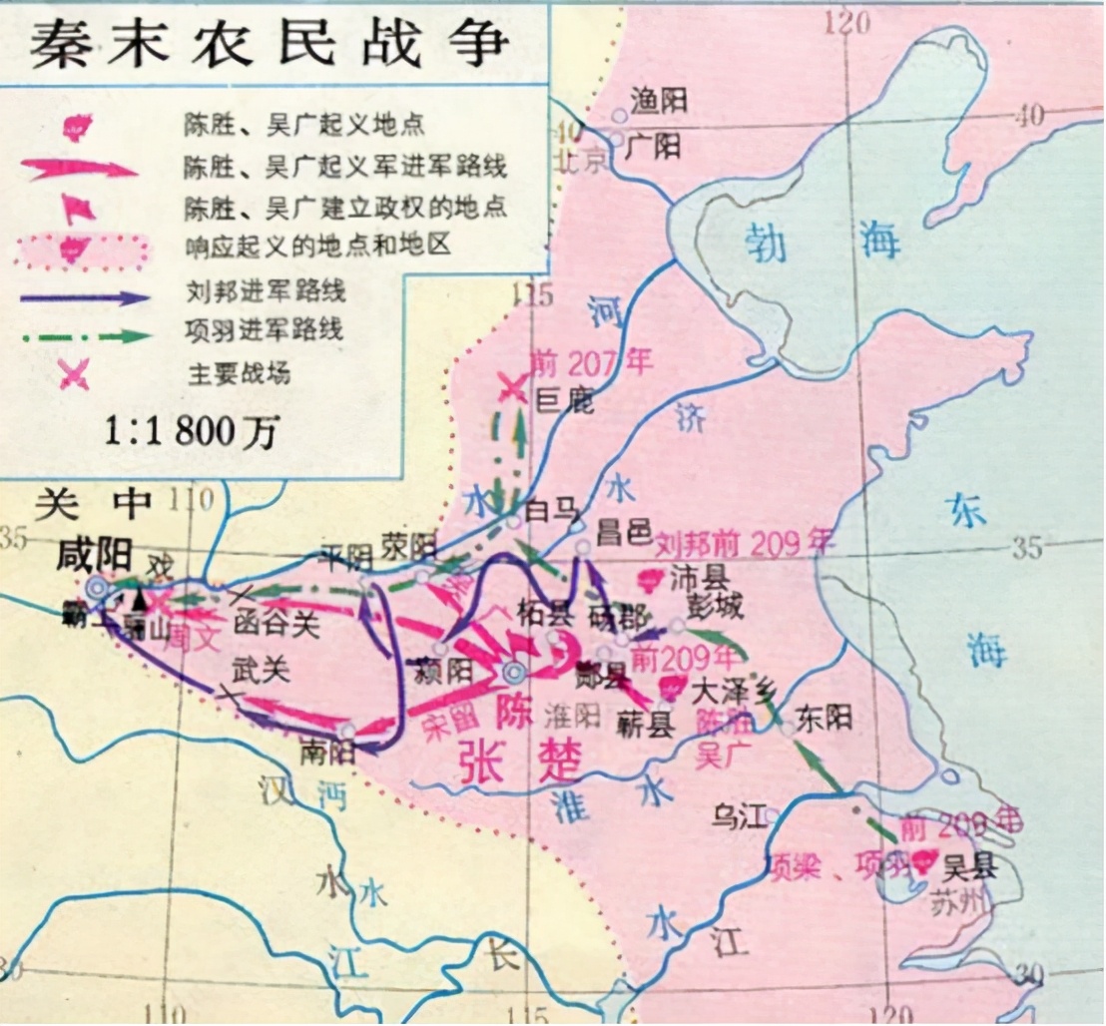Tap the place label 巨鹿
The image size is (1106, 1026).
pyautogui.click(x=565, y=401)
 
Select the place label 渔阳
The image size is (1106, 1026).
pyautogui.click(x=657, y=99)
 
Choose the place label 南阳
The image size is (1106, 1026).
pyautogui.click(x=327, y=748)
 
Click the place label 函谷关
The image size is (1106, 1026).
pyautogui.click(x=276, y=626)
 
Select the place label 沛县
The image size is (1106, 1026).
pyautogui.click(x=699, y=578)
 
